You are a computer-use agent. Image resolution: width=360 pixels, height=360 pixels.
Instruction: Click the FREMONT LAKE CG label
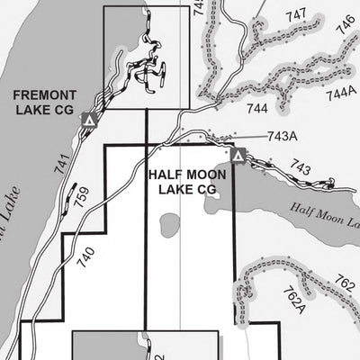click(42, 101)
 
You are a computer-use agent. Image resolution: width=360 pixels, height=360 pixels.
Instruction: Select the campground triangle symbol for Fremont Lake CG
click(88, 119)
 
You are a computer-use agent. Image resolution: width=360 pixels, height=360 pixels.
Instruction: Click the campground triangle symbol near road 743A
click(238, 156)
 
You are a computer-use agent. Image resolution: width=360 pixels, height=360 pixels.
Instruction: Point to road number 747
click(295, 15)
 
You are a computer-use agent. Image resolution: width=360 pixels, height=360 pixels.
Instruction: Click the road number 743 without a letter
click(301, 167)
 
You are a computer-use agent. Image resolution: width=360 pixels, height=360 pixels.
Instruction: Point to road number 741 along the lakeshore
click(60, 162)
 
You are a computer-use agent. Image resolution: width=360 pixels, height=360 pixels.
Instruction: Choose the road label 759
click(82, 197)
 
